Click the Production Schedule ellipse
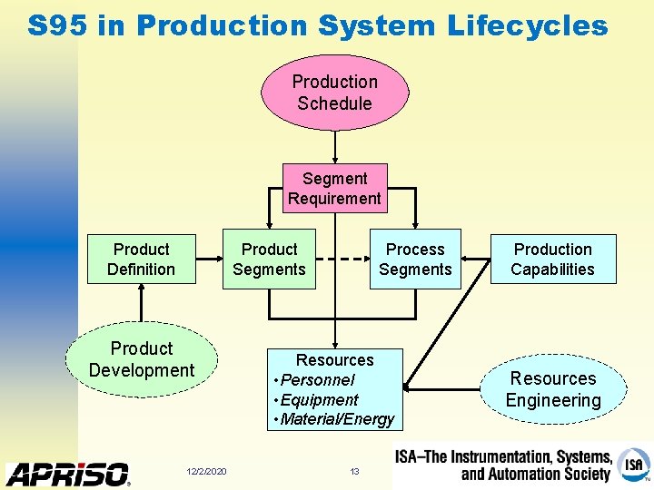(x=334, y=93)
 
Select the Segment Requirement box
(x=334, y=189)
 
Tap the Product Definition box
(x=141, y=260)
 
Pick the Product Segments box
(x=269, y=260)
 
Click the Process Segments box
(x=415, y=260)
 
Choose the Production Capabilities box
(x=552, y=260)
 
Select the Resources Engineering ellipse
(x=552, y=389)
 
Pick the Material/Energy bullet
(x=336, y=419)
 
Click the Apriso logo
(x=68, y=474)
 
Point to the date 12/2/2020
(x=206, y=471)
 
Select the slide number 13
(x=355, y=471)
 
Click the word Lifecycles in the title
(x=527, y=25)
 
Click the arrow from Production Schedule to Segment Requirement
(x=335, y=147)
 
